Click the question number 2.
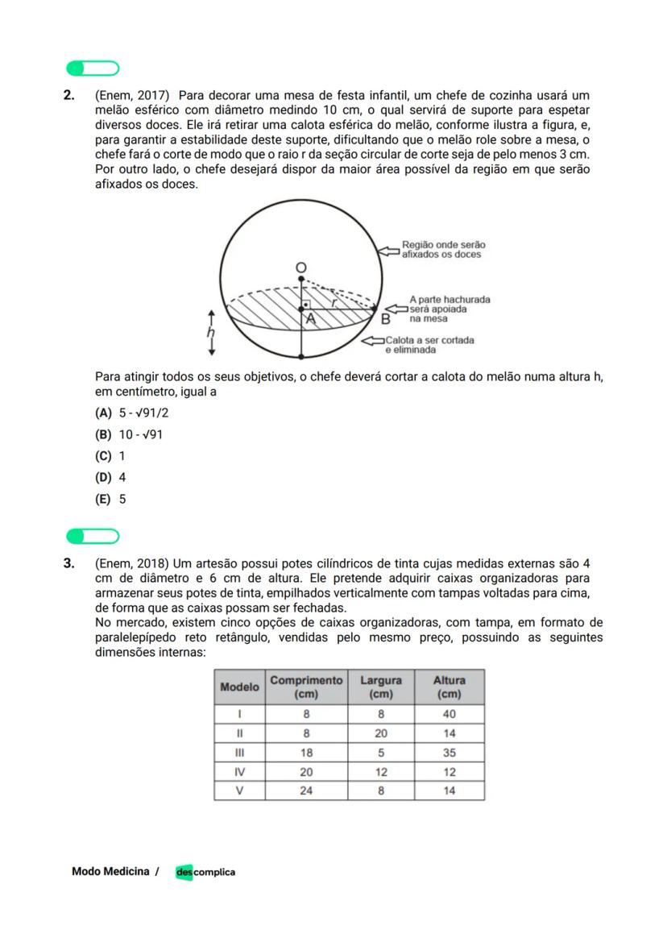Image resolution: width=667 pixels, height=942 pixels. point(69,95)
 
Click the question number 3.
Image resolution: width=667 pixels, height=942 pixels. point(69,562)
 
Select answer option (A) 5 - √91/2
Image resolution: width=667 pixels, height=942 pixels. point(132,413)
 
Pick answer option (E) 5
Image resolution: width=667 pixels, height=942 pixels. point(111,499)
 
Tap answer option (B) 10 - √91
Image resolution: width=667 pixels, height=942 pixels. point(130,434)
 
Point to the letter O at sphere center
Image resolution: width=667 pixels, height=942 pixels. point(300,267)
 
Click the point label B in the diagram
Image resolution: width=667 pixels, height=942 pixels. point(386,319)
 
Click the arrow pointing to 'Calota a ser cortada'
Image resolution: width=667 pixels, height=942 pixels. point(372,342)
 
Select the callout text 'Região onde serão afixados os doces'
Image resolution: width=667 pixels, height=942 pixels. point(443,249)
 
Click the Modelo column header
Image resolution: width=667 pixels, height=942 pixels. point(240,687)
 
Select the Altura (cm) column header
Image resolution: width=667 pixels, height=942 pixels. point(449,687)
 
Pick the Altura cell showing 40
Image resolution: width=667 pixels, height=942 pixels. point(449,714)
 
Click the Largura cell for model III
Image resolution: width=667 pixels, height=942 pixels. point(380,753)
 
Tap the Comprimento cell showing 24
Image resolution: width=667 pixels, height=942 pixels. point(306,791)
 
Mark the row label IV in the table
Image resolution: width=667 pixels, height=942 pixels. point(239,771)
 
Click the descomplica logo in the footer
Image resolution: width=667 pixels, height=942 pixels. point(205,872)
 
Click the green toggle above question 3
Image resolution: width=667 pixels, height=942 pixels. point(93,536)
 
